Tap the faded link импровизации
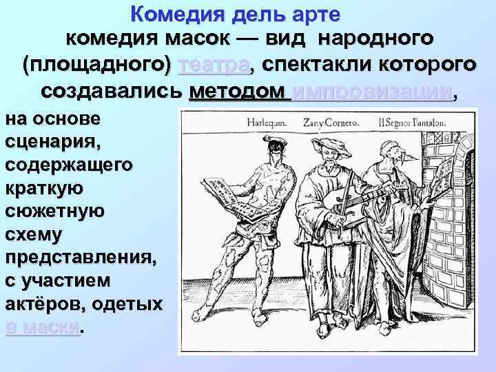pyautogui.click(x=372, y=92)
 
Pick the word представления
pyautogui.click(x=80, y=256)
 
